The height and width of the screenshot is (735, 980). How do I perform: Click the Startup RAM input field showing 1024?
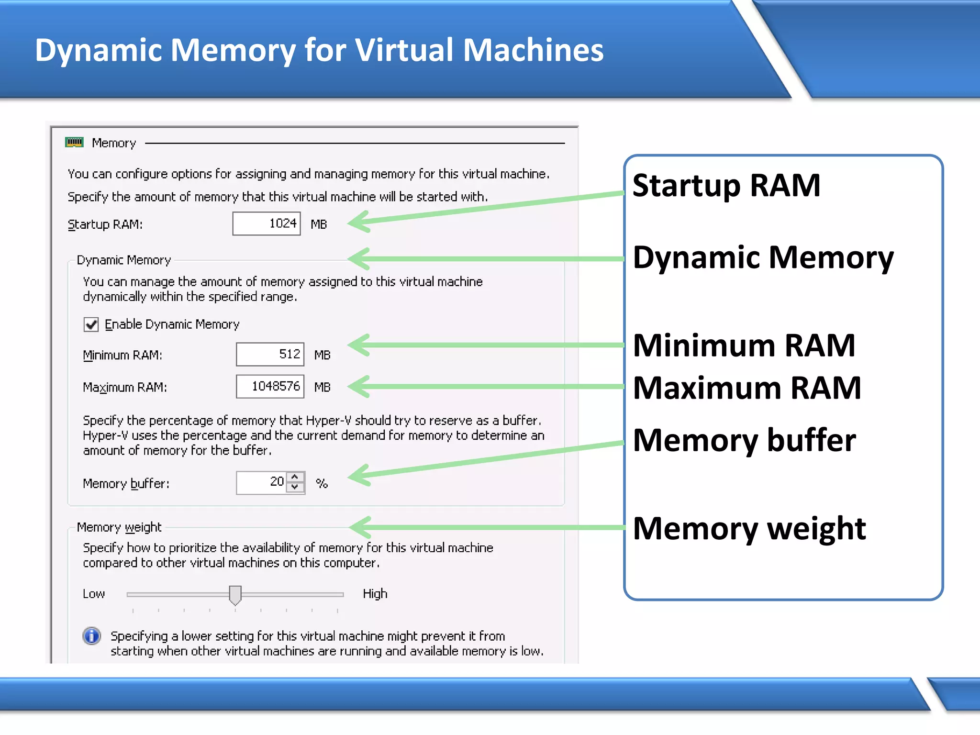point(267,223)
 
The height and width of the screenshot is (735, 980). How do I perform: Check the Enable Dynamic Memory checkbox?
point(91,324)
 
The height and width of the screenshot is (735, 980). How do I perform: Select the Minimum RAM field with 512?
point(270,355)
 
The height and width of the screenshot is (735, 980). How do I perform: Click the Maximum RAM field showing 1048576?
point(270,387)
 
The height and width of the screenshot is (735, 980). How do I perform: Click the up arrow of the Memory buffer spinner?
point(295,477)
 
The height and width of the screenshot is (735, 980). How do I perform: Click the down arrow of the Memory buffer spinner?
point(295,487)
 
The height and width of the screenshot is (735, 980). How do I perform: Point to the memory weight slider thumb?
point(235,595)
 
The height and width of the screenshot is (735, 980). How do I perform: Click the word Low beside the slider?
point(94,594)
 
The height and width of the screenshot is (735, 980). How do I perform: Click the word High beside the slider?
point(375,594)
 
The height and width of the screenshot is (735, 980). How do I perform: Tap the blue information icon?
point(91,636)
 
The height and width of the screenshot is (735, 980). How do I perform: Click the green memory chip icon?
point(74,142)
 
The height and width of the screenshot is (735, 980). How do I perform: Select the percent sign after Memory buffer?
point(322,483)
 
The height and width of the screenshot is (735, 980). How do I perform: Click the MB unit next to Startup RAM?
point(319,224)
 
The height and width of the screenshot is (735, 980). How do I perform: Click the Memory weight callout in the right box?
point(749,529)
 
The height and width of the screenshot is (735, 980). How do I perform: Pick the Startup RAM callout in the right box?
point(726,186)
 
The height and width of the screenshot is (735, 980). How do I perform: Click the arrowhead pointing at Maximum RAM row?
point(359,387)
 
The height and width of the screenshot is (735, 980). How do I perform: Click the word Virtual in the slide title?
point(405,50)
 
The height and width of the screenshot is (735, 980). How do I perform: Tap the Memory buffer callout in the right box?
point(744,440)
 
